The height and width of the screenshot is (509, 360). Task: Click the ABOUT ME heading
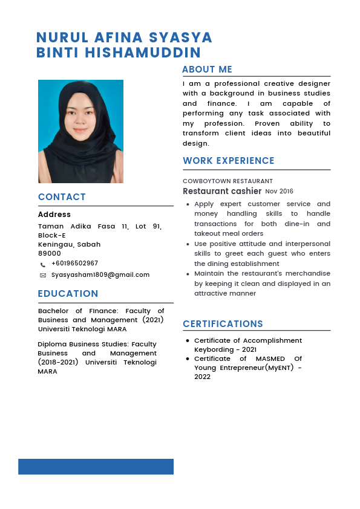point(207,70)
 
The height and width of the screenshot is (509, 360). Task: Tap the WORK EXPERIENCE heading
point(229,161)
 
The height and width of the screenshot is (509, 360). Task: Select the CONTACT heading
point(62,197)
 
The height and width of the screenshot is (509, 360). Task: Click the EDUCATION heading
point(68,294)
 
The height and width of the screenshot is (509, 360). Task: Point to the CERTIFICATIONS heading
point(223,324)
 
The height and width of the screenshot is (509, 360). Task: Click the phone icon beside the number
point(43,265)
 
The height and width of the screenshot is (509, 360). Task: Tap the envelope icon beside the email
point(43,275)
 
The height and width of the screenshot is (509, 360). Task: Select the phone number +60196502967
point(74,264)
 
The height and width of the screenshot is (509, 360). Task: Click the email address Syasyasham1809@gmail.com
point(100,274)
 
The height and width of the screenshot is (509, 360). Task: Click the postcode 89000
point(50,253)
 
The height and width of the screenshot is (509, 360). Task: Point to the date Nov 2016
point(279,192)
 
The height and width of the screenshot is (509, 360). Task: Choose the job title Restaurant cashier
point(222,191)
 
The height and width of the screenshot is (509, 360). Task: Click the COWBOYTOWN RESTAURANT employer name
point(227,181)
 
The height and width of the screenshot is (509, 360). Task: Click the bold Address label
point(54,215)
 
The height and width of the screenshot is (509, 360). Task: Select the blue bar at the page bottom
point(96,467)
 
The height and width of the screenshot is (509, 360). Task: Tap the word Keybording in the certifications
point(214,349)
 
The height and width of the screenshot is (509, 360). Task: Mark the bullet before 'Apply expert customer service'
point(188,204)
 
